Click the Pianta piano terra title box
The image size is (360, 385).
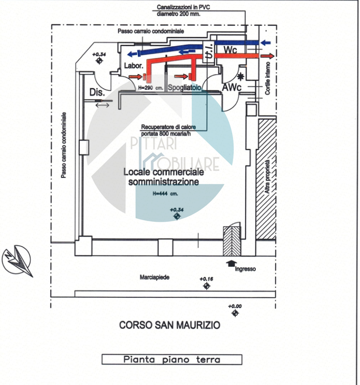171,359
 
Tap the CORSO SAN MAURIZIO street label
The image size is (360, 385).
169,325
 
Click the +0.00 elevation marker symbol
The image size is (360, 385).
235,313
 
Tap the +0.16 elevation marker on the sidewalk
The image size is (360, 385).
207,286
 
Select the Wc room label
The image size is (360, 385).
231,49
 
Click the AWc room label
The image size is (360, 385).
232,88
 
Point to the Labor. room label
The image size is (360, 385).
133,66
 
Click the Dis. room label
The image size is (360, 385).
97,93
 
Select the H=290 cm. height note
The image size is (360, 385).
151,88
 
